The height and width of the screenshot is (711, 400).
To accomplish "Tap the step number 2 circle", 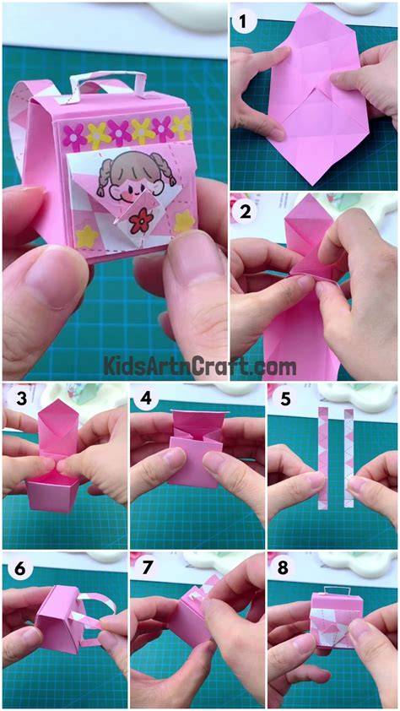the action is (245, 212).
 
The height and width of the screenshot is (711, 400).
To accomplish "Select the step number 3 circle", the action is (20, 399).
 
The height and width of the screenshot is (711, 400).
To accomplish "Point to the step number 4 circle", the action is (145, 399).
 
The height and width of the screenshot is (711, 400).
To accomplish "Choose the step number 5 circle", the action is (286, 399).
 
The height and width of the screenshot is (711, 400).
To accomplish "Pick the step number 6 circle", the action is (20, 568).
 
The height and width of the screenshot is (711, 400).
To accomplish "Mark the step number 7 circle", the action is (145, 568).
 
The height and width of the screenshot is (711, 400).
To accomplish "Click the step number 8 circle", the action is (284, 568).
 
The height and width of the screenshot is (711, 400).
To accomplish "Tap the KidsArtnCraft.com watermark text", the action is (200, 366).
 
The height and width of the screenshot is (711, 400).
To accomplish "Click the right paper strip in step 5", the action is (349, 457).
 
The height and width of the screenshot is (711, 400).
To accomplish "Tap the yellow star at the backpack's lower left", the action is (87, 237).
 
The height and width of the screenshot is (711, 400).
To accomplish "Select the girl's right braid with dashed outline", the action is (167, 169).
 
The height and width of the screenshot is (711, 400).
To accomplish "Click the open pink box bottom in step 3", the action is (51, 493).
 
